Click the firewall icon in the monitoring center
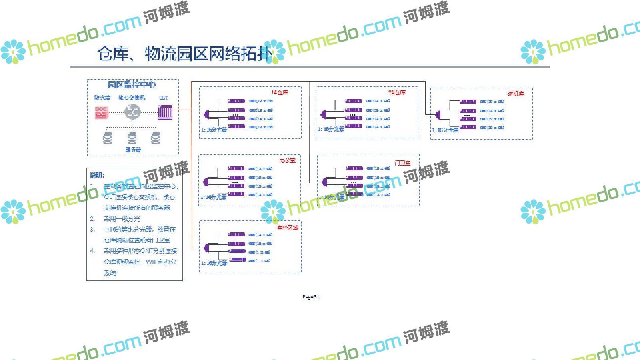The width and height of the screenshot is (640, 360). (x=102, y=112)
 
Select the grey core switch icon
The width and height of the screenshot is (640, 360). (x=132, y=112)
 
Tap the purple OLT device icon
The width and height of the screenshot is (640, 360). (x=165, y=112)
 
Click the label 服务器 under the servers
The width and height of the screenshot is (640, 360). (x=133, y=150)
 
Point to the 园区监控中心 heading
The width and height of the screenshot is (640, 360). (x=132, y=84)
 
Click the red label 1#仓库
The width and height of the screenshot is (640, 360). (x=280, y=92)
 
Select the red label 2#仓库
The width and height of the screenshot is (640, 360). (x=397, y=92)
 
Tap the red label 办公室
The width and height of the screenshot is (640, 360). (x=287, y=160)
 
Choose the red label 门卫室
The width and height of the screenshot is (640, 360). (x=402, y=163)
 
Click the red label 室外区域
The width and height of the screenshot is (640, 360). (x=288, y=228)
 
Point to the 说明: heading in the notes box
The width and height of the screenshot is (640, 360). (x=97, y=175)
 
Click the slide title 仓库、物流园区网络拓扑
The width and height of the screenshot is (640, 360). (x=184, y=54)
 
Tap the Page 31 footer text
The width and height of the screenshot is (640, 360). (x=311, y=297)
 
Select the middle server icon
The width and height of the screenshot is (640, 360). (x=132, y=138)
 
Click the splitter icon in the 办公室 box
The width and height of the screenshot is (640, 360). (x=206, y=182)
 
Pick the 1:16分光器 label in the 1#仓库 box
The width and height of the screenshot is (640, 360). (x=214, y=130)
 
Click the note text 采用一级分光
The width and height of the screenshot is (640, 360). (x=122, y=219)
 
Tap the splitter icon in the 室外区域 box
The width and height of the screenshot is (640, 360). (x=206, y=248)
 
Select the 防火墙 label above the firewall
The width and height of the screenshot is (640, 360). (x=102, y=98)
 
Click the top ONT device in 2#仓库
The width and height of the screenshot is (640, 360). (x=354, y=101)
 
